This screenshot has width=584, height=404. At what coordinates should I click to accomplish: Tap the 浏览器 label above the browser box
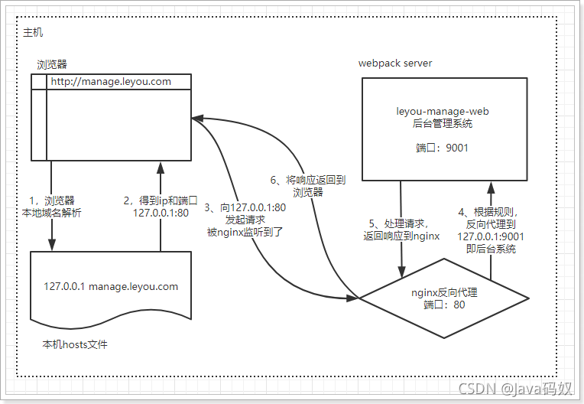pos(52,64)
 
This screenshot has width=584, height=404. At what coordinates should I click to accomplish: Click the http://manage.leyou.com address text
pos(111,81)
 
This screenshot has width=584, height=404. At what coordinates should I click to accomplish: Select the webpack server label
pos(395,63)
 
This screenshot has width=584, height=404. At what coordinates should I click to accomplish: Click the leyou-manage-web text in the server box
pos(443,111)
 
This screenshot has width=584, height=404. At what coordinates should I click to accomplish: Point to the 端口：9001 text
pos(443,147)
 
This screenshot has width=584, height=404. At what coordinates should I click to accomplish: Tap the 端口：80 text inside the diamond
pos(444,305)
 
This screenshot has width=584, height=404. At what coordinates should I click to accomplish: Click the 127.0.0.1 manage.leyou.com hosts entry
pos(111,287)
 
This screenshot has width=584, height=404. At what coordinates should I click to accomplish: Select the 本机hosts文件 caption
pos(75,345)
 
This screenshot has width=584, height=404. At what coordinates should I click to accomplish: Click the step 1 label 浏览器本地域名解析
pos(50,207)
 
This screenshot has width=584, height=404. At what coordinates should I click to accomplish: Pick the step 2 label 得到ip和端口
pos(161,207)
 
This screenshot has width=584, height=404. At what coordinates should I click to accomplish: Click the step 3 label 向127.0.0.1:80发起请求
pos(245,219)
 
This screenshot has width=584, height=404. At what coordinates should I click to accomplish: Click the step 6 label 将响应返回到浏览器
pos(309,186)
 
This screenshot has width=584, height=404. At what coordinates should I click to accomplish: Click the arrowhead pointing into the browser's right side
pos(196,119)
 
